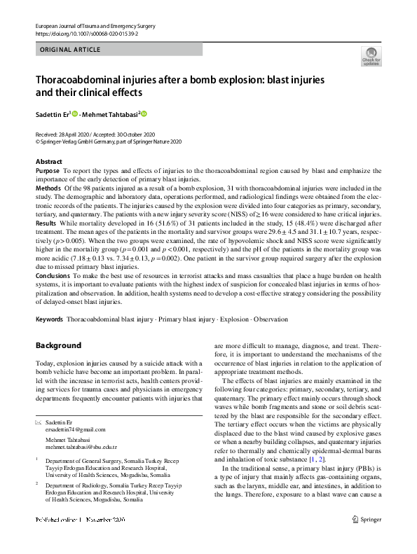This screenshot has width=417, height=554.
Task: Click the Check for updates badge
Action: coord(370,56)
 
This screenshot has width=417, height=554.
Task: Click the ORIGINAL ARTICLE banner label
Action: coord(71,50)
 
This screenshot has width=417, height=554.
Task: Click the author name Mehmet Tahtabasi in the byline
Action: coord(111,113)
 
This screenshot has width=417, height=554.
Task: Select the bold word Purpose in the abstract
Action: coord(47,170)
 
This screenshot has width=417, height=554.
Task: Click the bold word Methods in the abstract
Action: coord(48,188)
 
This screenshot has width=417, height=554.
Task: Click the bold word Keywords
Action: coord(49,319)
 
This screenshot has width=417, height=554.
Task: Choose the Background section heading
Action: coord(59,345)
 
